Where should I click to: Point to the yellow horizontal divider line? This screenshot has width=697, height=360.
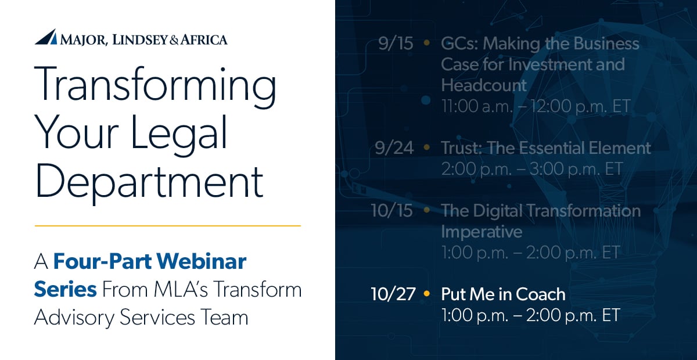click(x=168, y=225)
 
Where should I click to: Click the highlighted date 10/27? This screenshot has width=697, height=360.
click(x=393, y=294)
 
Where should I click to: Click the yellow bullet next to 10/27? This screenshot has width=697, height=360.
click(x=427, y=294)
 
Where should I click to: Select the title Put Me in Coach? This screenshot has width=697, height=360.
click(x=503, y=294)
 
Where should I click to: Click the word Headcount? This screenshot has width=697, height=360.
click(x=484, y=85)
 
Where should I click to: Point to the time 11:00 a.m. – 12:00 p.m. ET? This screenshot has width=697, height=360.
click(x=536, y=106)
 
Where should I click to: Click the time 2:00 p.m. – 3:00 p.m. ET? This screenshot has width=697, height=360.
click(x=531, y=168)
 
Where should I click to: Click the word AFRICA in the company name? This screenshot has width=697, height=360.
click(x=204, y=39)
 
